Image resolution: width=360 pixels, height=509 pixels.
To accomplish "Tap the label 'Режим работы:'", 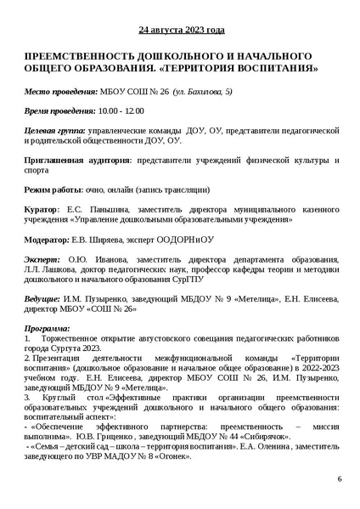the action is point(53,190).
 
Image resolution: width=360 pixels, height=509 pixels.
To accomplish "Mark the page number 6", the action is point(338,480).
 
